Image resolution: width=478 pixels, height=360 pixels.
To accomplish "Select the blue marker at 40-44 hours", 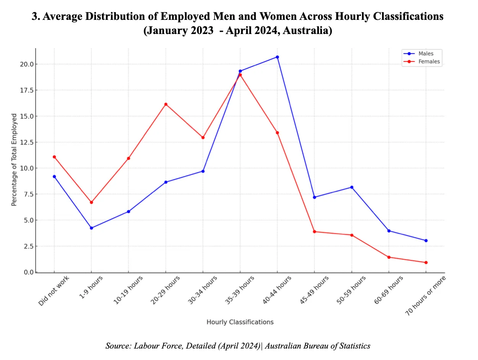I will coord(277,57).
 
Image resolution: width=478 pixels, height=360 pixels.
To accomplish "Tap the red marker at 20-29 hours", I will coord(166,104).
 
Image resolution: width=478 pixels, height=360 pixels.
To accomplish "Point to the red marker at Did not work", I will coord(54,157).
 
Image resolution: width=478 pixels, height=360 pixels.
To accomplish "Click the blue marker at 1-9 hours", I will coord(91,228).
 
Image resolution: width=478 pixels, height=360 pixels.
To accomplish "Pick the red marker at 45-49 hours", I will coord(314,232).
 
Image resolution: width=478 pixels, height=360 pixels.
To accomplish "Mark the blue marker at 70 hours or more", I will coord(426,240).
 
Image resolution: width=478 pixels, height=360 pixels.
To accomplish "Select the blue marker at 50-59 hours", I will coord(351,187).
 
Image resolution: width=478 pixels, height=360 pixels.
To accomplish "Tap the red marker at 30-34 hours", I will coord(203,137).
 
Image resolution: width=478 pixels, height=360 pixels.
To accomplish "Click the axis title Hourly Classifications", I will coord(240,322).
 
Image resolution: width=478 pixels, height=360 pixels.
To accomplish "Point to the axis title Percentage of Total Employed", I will coord(14,160).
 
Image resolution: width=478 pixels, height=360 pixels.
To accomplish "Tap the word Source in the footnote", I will coord(118,346).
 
